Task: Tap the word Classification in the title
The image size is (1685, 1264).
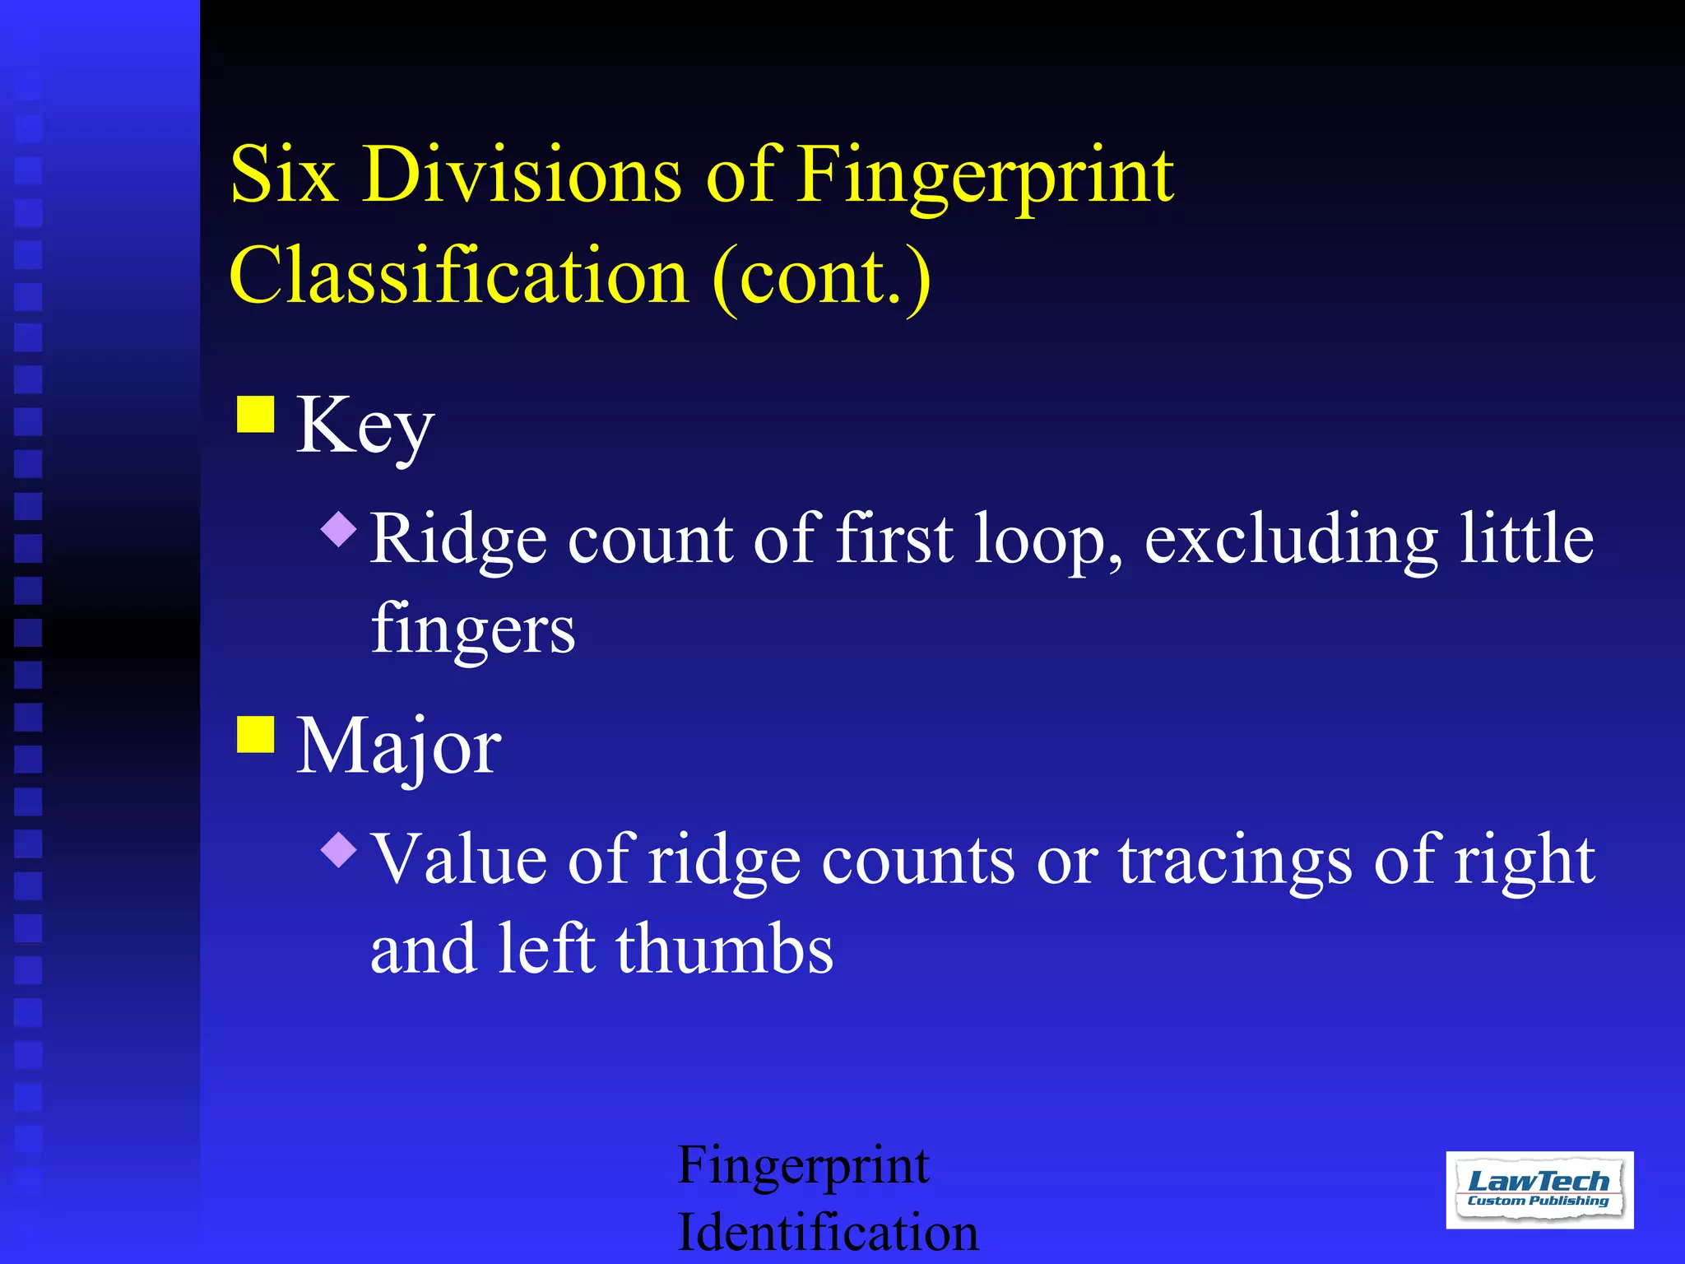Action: pos(459,276)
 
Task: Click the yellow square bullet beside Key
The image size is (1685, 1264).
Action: pos(256,414)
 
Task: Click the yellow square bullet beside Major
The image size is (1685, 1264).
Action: pos(256,734)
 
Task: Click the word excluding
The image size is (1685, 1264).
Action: pos(1291,540)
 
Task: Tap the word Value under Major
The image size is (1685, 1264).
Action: pos(459,859)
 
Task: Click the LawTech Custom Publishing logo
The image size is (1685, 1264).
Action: pos(1539,1190)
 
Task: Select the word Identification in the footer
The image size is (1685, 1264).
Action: pos(828,1233)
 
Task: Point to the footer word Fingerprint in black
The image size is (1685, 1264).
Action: pos(803,1167)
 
